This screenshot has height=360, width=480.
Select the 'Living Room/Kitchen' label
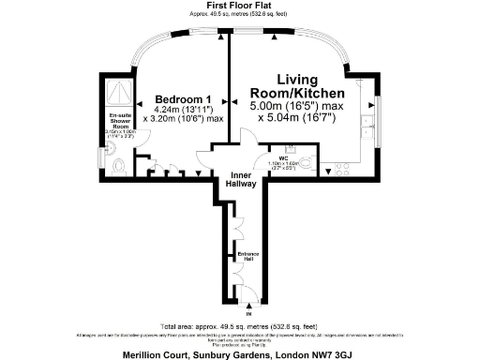point(297,87)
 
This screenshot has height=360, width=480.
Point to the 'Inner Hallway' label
point(243,180)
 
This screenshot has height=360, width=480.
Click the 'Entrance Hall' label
point(243,256)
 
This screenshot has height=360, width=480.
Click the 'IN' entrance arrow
point(248,311)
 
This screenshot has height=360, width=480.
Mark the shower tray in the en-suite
point(120,91)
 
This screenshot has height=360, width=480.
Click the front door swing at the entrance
point(248,298)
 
